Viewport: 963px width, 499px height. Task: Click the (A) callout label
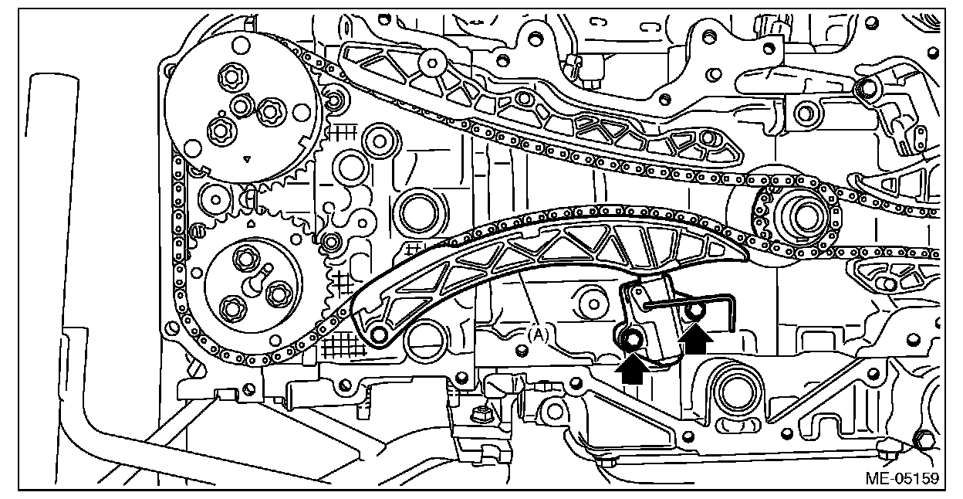click(x=539, y=334)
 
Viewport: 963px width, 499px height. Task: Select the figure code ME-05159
click(x=901, y=479)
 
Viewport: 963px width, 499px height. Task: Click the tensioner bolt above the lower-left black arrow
click(x=632, y=339)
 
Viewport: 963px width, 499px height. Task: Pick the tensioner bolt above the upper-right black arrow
click(x=694, y=311)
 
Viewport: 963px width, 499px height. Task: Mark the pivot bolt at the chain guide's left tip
click(x=379, y=334)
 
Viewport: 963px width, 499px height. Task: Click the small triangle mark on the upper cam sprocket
click(x=246, y=160)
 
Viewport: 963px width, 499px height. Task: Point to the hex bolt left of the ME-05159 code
click(x=920, y=440)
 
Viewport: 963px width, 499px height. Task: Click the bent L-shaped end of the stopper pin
click(x=732, y=309)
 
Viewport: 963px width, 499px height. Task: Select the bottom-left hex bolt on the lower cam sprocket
click(x=232, y=309)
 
